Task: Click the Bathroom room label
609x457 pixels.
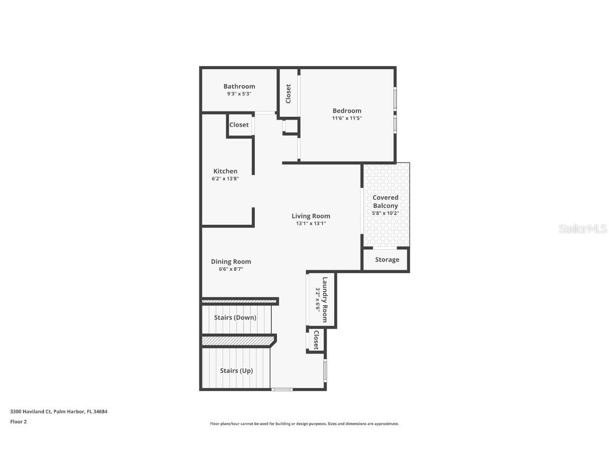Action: tap(239, 86)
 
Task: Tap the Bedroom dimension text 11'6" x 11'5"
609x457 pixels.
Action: tap(347, 118)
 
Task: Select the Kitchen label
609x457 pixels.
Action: tap(225, 171)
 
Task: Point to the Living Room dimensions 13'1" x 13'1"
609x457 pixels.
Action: tap(311, 223)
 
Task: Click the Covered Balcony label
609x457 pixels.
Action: tap(385, 202)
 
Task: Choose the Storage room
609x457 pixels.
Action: tap(387, 260)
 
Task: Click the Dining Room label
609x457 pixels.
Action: tap(231, 261)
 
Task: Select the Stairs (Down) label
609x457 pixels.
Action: tap(235, 318)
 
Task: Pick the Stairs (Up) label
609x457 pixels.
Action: tap(236, 371)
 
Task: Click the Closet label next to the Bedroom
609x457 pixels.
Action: tap(289, 94)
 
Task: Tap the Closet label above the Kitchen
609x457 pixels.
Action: tap(239, 125)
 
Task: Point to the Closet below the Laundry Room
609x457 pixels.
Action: tap(316, 340)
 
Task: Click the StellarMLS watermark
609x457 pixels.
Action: tap(582, 229)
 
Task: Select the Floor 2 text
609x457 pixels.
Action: tap(19, 422)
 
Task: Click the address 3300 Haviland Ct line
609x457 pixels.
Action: tap(59, 412)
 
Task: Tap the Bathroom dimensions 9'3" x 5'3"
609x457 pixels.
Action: tap(239, 94)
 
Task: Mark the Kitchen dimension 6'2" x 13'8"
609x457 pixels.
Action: tap(225, 179)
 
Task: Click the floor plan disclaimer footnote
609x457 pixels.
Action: tap(304, 424)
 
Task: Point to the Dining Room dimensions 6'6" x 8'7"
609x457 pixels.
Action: tap(231, 269)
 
